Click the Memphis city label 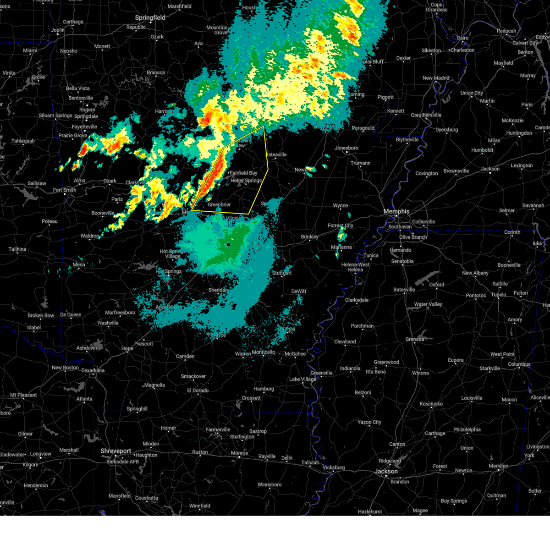[x=396, y=211]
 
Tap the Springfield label [x=150, y=18]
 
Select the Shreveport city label [x=116, y=451]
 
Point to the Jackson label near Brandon [x=386, y=471]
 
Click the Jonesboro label [x=346, y=148]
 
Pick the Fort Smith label [x=65, y=190]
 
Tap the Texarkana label [x=93, y=370]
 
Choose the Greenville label [x=321, y=373]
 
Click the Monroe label [x=239, y=453]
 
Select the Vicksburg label [x=333, y=467]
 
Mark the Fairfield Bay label [x=243, y=173]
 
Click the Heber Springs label [x=246, y=181]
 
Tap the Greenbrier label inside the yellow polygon [x=219, y=205]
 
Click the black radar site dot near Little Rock [x=228, y=245]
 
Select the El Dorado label [x=198, y=390]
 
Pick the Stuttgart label [x=281, y=273]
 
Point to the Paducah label [x=506, y=31]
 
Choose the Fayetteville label [x=84, y=127]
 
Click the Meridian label [x=498, y=466]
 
